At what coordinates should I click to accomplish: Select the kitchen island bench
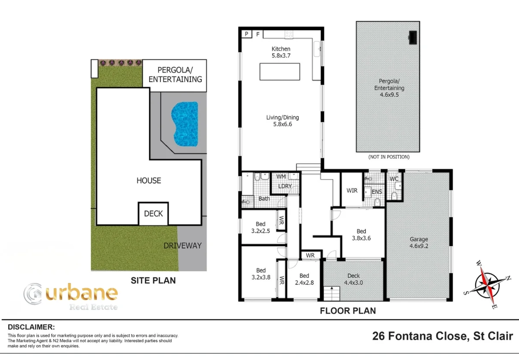click(280, 71)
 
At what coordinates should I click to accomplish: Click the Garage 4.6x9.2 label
click(419, 242)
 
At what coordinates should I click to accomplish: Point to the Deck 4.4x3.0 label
click(353, 279)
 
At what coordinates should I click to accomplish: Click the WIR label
click(352, 190)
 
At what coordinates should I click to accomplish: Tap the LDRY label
click(285, 186)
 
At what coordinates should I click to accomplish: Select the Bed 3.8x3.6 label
click(361, 234)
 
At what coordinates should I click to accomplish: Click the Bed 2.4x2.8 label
click(304, 279)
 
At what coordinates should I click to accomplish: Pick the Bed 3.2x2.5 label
click(260, 227)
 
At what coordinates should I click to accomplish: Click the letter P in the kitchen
click(247, 34)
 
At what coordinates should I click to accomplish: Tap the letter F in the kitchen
click(258, 34)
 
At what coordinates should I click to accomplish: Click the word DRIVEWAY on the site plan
click(183, 245)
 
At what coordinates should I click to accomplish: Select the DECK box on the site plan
click(154, 213)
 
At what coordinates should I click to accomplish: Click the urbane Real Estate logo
click(70, 296)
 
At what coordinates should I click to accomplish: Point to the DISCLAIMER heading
click(31, 327)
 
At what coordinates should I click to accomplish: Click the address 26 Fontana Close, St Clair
click(442, 336)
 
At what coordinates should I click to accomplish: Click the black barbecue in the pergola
click(413, 38)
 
